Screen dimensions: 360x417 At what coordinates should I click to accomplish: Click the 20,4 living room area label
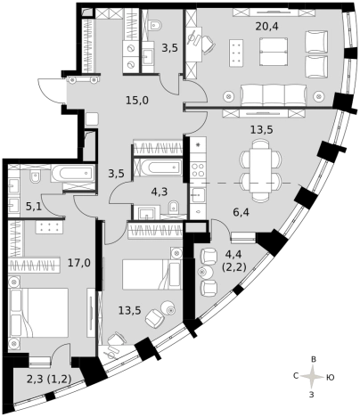pyautogui.click(x=266, y=27)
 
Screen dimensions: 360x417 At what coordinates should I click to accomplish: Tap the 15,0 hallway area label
pyautogui.click(x=137, y=101)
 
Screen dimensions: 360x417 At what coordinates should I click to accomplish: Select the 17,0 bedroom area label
pyautogui.click(x=79, y=263)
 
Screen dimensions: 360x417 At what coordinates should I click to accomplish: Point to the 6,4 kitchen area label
pyautogui.click(x=241, y=212)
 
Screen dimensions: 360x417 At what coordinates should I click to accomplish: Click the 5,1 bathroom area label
pyautogui.click(x=34, y=206)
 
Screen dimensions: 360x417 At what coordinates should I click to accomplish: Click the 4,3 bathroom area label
pyautogui.click(x=160, y=192)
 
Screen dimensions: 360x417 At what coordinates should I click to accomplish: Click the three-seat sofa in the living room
pyautogui.click(x=274, y=94)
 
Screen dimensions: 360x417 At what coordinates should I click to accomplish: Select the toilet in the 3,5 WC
pyautogui.click(x=155, y=25)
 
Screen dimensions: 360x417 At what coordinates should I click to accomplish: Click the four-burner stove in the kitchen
pyautogui.click(x=198, y=170)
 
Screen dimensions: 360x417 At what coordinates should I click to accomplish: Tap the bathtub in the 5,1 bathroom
pyautogui.click(x=73, y=174)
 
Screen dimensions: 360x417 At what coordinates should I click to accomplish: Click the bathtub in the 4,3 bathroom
pyautogui.click(x=158, y=168)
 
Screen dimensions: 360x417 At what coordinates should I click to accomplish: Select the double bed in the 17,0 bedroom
pyautogui.click(x=38, y=313)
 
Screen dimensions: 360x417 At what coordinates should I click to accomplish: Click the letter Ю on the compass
pyautogui.click(x=331, y=378)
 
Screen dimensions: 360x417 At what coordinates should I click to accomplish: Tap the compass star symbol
pyautogui.click(x=312, y=377)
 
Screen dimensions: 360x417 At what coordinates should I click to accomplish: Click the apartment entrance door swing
pyautogui.click(x=48, y=90)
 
